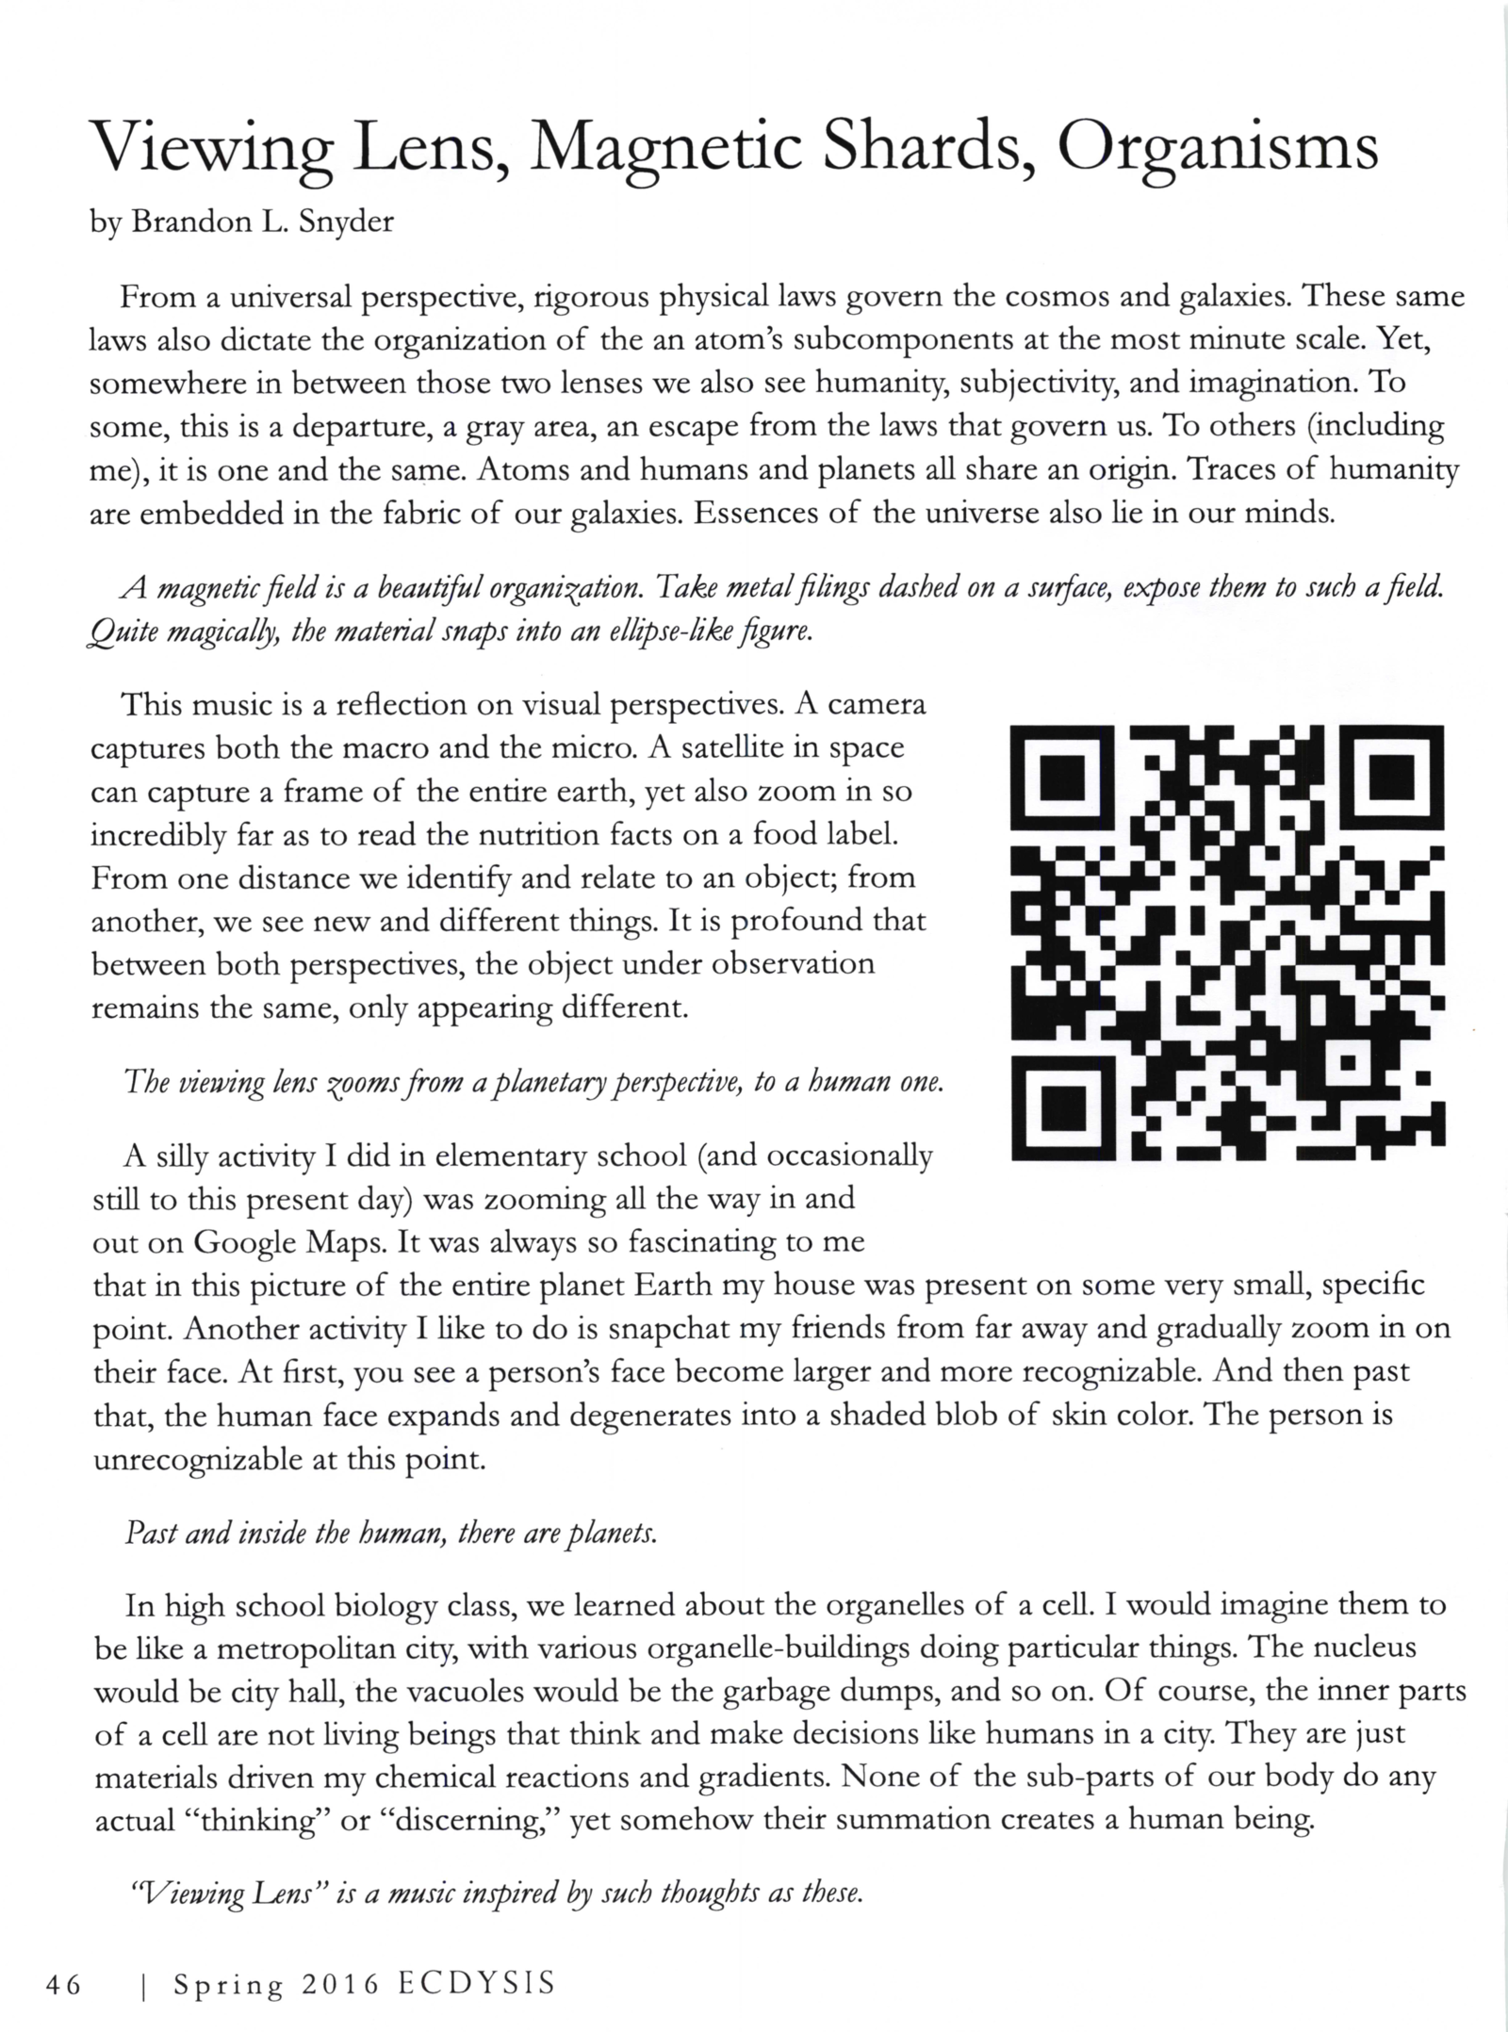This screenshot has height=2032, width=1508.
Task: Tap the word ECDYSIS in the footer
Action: (476, 1983)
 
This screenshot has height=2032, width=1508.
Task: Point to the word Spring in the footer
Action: (228, 1985)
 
